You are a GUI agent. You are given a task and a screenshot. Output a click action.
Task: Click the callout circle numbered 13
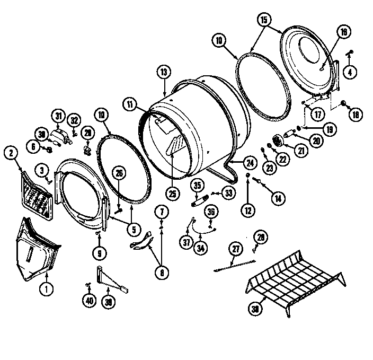[164, 72]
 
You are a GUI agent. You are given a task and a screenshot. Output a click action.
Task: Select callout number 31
[58, 115]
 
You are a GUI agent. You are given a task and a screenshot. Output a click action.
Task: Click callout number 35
[197, 186]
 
